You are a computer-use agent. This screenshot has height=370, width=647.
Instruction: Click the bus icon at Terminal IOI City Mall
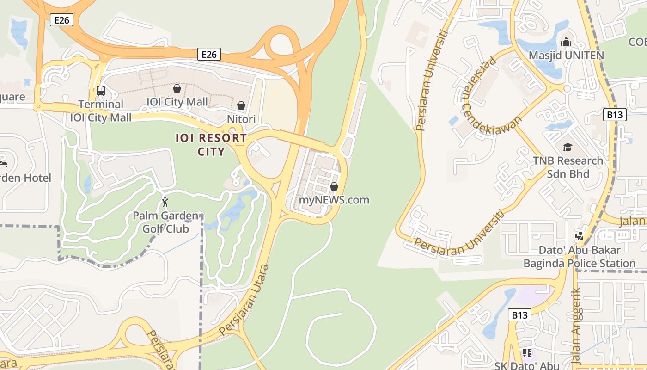coord(101,91)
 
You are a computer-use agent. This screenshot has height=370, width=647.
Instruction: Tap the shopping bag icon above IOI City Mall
coord(177,88)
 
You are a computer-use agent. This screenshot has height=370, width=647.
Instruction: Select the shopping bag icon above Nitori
coord(241,105)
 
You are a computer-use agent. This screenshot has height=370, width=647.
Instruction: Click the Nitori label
coord(241,119)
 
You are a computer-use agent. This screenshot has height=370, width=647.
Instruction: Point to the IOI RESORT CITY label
coord(211,145)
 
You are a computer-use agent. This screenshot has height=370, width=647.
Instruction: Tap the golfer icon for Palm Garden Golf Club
coord(165,202)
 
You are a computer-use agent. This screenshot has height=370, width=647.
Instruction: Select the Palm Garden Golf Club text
coord(165,222)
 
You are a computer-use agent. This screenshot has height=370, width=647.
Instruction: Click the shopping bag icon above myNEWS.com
coord(334,186)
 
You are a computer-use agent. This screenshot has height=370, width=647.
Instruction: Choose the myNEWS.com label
coord(334,200)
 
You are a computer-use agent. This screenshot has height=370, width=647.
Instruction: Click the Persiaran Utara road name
coord(244,300)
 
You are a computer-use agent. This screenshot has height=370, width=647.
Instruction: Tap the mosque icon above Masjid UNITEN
coord(566,42)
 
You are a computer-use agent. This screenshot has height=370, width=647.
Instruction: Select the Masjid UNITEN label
coord(566,55)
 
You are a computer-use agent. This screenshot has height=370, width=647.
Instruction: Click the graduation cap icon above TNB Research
coord(568,147)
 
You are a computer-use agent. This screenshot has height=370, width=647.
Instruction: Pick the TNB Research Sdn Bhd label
coord(568,167)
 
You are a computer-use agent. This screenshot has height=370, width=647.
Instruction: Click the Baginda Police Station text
coord(580,264)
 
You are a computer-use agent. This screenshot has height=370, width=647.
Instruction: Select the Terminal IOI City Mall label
coord(101,111)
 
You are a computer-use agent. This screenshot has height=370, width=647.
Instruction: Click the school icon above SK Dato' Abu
coord(527,353)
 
